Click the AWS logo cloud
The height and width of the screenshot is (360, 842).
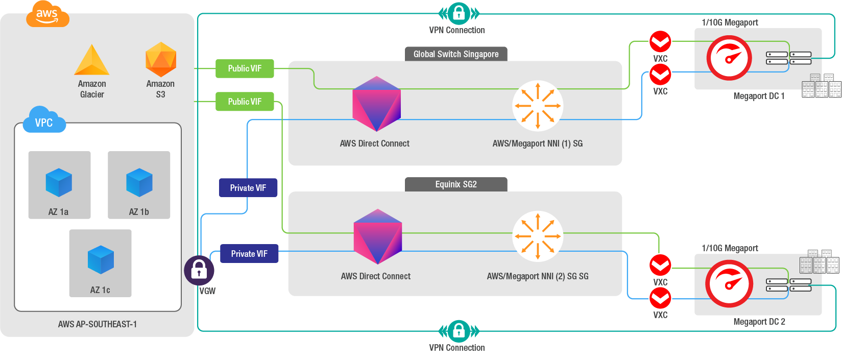click(47, 14)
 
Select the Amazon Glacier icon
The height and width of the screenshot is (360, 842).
click(92, 61)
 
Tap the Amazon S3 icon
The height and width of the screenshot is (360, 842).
click(161, 60)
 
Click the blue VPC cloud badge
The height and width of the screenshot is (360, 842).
click(44, 121)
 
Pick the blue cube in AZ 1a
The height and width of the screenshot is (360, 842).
click(59, 182)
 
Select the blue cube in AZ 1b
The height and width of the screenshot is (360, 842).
click(139, 182)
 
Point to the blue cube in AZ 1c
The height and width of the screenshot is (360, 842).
click(101, 260)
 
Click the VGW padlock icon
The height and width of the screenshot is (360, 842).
click(199, 270)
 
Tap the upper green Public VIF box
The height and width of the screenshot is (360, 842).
click(245, 68)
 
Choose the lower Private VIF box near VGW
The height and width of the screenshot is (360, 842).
click(249, 254)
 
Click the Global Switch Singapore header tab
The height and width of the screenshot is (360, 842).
click(456, 54)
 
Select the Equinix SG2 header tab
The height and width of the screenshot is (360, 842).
click(456, 184)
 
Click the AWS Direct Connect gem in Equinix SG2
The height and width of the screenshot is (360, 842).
click(377, 236)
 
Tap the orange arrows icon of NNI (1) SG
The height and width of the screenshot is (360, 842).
click(538, 106)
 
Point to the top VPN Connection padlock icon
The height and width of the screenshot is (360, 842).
click(459, 13)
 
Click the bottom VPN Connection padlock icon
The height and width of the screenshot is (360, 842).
click(459, 331)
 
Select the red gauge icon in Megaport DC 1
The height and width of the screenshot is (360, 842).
click(729, 58)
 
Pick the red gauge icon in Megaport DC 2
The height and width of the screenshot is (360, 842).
click(729, 284)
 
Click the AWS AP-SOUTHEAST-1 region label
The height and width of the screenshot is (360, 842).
click(98, 324)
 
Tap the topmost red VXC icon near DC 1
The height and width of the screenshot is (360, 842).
click(660, 41)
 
